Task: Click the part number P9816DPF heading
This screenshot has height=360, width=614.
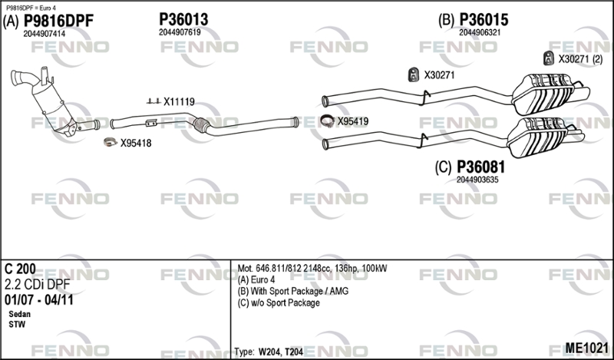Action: [x=59, y=21]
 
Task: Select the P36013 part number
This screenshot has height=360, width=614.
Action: [x=183, y=19]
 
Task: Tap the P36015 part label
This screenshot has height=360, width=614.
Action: [x=484, y=19]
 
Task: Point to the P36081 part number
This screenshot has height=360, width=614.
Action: [x=481, y=167]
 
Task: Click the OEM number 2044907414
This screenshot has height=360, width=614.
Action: [x=45, y=34]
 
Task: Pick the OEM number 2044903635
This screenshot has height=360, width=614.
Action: [x=477, y=180]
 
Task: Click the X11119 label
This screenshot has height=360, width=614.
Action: [x=179, y=102]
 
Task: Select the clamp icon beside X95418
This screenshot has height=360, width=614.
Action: [x=111, y=142]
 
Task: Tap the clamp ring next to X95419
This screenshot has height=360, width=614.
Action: [x=327, y=121]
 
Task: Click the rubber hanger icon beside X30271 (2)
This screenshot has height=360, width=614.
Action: [x=549, y=58]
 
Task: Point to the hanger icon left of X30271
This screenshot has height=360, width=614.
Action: [x=414, y=74]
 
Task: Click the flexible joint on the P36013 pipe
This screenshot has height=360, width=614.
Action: [x=201, y=124]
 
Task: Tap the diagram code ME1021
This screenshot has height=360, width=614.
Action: [x=586, y=348]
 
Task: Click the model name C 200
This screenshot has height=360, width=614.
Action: [x=20, y=269]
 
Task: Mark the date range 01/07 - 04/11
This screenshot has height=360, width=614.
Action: [x=39, y=300]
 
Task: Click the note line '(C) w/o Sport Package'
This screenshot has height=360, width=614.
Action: [x=279, y=302]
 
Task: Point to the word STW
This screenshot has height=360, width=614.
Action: [x=17, y=325]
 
